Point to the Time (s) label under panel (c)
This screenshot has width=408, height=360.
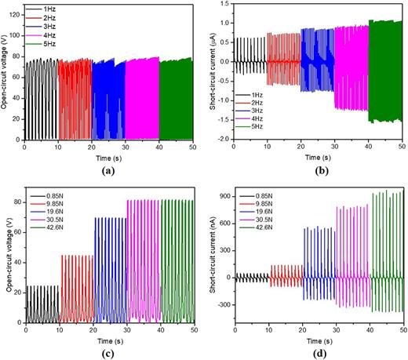point(110,340)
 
